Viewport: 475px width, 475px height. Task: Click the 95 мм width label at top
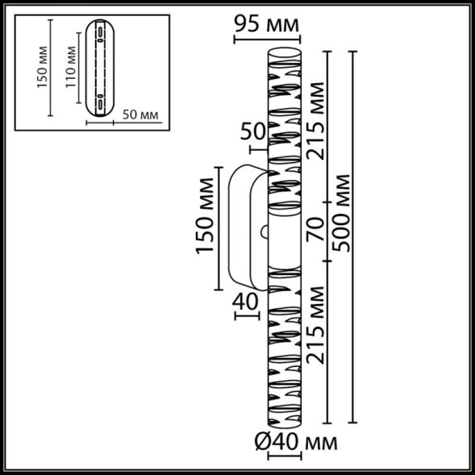click(265, 24)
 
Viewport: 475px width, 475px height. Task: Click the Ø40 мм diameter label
click(295, 442)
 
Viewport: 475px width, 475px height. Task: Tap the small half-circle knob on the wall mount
click(264, 232)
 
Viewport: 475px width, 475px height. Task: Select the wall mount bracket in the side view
click(245, 227)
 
